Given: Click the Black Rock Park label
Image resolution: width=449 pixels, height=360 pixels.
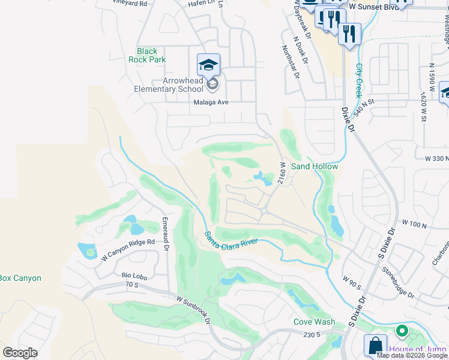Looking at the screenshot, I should tap(147, 55).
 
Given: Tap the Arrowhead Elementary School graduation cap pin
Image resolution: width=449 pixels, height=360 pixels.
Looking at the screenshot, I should tap(208, 65).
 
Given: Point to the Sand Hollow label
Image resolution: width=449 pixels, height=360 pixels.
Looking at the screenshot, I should tap(315, 166).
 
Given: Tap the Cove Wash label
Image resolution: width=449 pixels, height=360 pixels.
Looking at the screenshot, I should tap(314, 322).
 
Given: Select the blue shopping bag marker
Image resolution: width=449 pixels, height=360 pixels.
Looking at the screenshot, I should tap(375, 345).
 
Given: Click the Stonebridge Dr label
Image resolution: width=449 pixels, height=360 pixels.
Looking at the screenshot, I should tap(398, 282).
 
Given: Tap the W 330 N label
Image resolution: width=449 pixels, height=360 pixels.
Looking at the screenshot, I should tap(436, 158).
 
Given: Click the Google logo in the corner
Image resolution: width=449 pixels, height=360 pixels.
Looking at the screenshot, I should tap(20, 352).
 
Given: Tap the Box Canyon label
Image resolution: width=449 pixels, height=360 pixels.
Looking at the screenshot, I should tap(20, 278).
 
